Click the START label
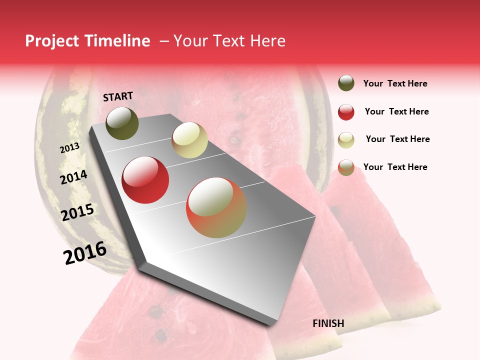tap(118, 96)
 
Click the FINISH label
tap(328, 323)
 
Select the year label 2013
tap(69, 148)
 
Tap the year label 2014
tap(73, 177)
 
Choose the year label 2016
tap(85, 253)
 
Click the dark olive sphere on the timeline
tap(122, 123)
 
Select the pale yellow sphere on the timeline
tap(189, 140)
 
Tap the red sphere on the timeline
tap(145, 180)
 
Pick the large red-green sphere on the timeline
tap(216, 207)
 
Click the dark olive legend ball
tap(346, 83)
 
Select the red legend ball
tap(346, 112)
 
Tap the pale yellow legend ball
tap(346, 139)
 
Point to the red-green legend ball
tap(346, 167)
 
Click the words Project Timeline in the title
tap(87, 41)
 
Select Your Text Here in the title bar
tap(229, 41)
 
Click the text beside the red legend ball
tap(396, 111)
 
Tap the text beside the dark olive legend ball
tap(395, 83)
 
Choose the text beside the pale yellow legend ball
tap(397, 139)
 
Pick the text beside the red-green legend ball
tap(395, 167)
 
